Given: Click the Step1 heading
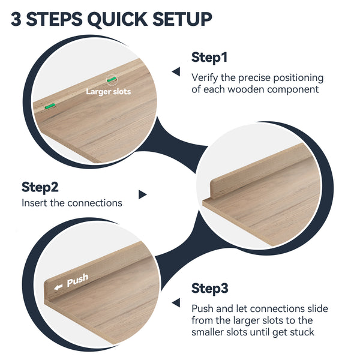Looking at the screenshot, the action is click(209, 58).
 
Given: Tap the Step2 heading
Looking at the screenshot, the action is click(40, 187).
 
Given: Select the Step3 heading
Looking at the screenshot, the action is click(210, 289).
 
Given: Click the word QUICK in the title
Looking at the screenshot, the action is click(118, 20).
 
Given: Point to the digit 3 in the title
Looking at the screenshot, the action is click(16, 19).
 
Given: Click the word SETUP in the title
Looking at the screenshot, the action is click(182, 19).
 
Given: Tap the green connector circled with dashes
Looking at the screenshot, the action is click(112, 79).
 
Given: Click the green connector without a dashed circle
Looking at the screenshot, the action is click(50, 106).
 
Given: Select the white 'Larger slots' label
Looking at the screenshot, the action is click(109, 92).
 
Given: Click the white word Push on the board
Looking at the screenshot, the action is click(77, 280).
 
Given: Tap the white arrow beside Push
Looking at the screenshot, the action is click(58, 287).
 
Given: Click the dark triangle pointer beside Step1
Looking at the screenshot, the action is click(176, 71).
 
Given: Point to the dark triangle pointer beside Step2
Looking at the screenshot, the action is click(143, 194).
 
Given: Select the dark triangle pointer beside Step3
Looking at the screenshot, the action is click(176, 302).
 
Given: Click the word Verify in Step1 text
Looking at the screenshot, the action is click(205, 78).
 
